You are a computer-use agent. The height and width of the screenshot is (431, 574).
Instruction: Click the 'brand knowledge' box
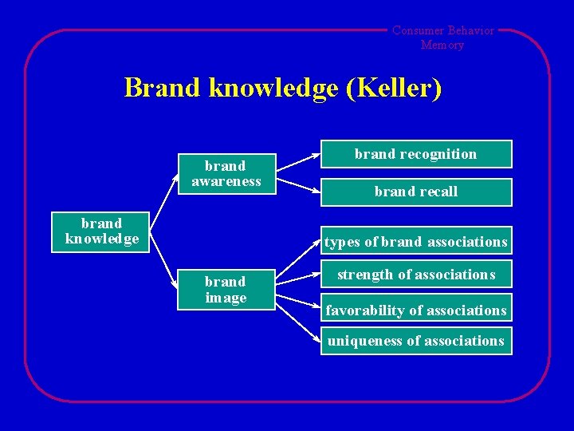[x=101, y=231]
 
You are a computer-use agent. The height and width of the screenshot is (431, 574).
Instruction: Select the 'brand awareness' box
[x=226, y=173]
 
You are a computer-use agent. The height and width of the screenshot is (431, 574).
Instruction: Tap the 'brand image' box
[x=226, y=290]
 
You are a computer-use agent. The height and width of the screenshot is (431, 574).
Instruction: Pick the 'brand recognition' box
[x=415, y=154]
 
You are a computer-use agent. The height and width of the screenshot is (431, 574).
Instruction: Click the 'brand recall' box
[x=415, y=192]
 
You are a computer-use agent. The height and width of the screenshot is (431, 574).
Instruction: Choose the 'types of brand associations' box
[x=415, y=242]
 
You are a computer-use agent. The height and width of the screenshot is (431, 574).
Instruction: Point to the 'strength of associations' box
[x=415, y=275]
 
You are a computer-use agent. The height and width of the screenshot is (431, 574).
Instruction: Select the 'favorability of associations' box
[x=415, y=310]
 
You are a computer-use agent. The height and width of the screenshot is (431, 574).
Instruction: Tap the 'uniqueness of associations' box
[x=415, y=342]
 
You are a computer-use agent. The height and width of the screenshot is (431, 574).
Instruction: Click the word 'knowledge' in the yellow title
[x=273, y=88]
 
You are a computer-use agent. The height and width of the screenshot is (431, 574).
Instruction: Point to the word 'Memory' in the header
[x=442, y=45]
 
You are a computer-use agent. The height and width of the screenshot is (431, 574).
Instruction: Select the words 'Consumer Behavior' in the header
[x=442, y=31]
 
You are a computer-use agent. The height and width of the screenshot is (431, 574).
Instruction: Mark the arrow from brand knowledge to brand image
[x=164, y=263]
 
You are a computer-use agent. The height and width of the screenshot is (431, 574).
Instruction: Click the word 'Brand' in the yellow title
[x=163, y=88]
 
